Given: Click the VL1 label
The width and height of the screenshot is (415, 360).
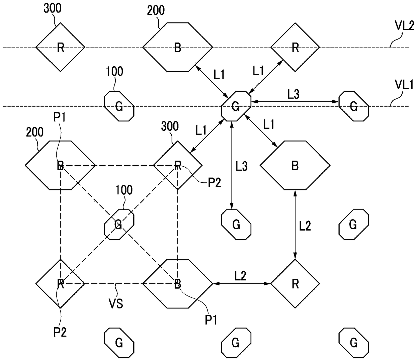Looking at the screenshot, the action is (404, 85).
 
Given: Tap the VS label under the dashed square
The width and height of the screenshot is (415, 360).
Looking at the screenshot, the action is (116, 304).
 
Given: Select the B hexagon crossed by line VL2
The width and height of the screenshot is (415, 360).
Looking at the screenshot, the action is (178, 47).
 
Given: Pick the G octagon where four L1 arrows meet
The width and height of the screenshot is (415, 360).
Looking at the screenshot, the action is (236, 106).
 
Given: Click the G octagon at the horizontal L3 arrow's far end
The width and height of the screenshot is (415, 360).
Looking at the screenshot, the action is (353, 106).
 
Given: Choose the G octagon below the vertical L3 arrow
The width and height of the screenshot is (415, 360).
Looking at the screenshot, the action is (236, 224).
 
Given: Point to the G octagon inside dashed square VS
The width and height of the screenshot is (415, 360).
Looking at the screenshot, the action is (119, 224).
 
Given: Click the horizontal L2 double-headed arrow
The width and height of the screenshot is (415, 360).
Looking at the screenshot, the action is (242, 284).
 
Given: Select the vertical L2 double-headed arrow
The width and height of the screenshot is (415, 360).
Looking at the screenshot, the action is (295, 224).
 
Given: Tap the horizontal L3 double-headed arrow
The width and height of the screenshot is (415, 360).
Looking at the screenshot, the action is (295, 101).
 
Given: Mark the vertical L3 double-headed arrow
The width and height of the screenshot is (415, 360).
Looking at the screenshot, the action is (232, 165).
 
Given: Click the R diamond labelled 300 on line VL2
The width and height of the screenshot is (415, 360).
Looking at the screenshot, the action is (60, 47).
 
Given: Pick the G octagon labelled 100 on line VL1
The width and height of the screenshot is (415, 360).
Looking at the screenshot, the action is (119, 106).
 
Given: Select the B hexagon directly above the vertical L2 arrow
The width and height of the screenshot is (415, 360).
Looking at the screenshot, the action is (295, 165).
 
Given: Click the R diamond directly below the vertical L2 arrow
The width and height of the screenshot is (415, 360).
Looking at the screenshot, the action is (295, 284).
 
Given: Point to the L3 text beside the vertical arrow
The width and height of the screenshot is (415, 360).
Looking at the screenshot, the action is (242, 166).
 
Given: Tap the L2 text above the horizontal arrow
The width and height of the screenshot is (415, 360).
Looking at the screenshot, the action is (240, 276).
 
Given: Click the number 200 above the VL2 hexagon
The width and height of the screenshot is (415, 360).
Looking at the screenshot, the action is (156, 10).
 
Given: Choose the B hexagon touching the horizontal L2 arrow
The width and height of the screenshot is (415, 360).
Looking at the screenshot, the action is (178, 284).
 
